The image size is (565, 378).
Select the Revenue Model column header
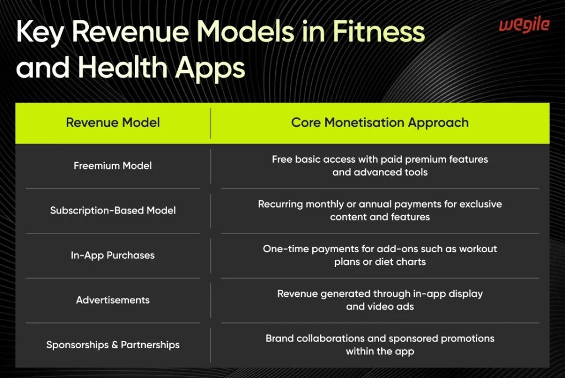click(x=113, y=123)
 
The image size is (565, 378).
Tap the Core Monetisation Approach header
click(x=380, y=123)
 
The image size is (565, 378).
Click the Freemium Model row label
click(x=113, y=166)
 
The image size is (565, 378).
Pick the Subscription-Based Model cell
click(x=113, y=210)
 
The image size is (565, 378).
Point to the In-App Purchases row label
click(x=113, y=255)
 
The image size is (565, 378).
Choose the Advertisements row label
click(x=113, y=300)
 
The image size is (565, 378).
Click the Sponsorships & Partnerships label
click(x=113, y=345)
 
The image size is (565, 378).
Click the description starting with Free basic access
click(x=380, y=166)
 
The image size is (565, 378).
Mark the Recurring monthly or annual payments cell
click(x=380, y=210)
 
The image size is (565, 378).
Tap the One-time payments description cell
click(x=380, y=255)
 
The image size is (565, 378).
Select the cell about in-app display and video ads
click(x=380, y=300)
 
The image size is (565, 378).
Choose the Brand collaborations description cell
click(x=380, y=345)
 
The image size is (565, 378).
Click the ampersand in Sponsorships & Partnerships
click(x=114, y=345)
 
